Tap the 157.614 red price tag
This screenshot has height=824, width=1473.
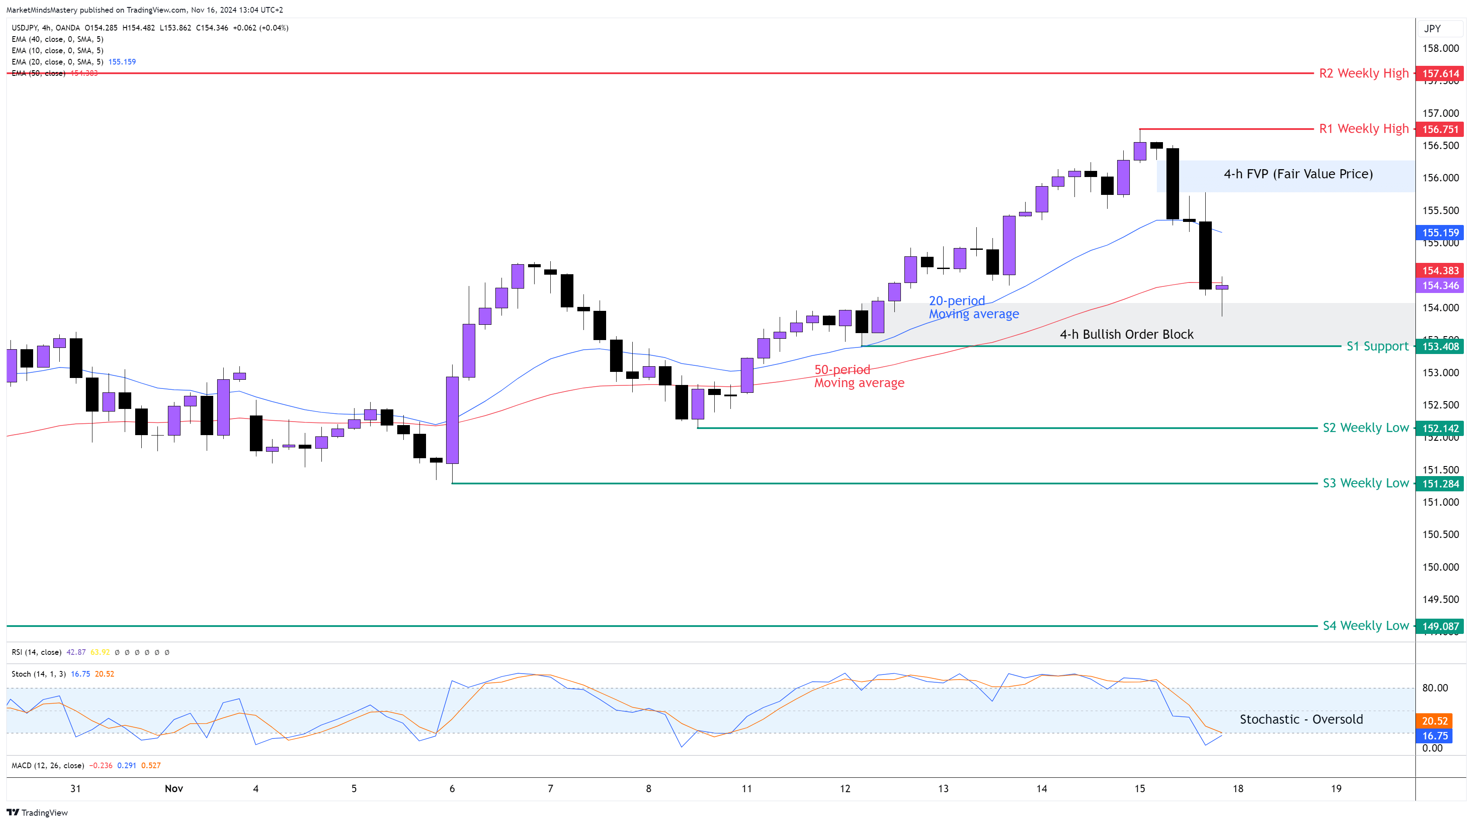[1440, 73]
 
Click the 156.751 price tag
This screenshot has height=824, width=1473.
[1440, 129]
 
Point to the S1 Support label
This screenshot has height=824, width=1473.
[1377, 346]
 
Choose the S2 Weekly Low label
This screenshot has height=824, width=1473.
[1365, 428]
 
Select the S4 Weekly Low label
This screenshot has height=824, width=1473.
[1365, 626]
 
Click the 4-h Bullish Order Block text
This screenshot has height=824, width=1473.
[1126, 334]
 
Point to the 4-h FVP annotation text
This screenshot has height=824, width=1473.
[1298, 174]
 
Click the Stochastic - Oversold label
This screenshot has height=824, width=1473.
[1301, 719]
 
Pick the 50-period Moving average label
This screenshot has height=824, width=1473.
[859, 376]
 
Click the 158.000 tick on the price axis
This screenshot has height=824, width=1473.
[1440, 48]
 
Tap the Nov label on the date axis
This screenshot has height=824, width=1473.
[174, 789]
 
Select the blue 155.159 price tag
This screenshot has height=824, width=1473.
[1440, 233]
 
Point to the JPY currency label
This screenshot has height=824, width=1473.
[1432, 29]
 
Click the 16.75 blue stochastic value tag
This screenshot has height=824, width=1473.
[1435, 736]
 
